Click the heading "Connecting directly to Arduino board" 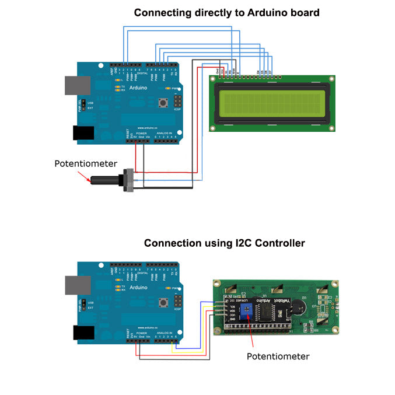[x=226, y=12]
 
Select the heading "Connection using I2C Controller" [x=224, y=243]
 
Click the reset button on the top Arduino [x=163, y=103]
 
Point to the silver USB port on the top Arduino [x=71, y=84]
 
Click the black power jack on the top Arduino [x=83, y=133]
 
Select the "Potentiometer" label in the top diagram [x=86, y=163]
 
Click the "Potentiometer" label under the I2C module [x=278, y=356]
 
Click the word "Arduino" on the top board [x=139, y=88]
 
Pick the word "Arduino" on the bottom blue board [x=139, y=288]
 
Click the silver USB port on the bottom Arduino [x=71, y=284]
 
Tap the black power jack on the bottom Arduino [x=83, y=333]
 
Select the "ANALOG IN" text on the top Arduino [x=164, y=133]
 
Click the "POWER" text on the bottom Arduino [x=141, y=333]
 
